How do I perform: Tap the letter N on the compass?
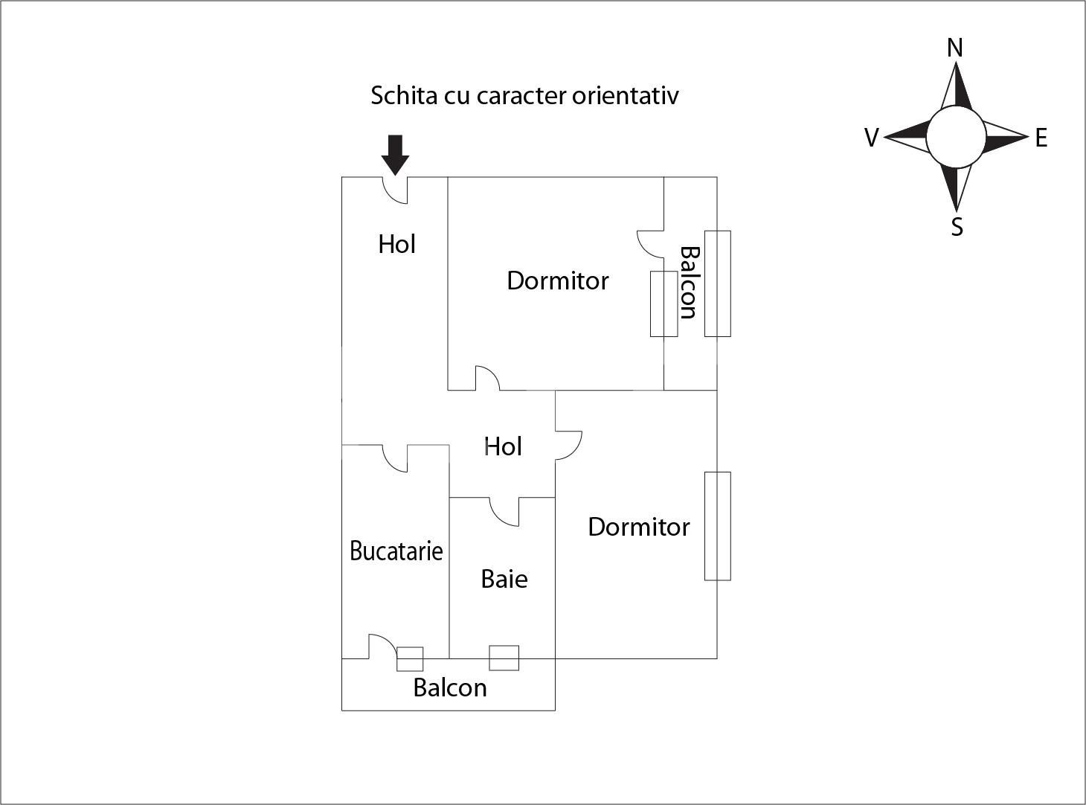click(x=955, y=48)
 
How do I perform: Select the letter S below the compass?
click(x=957, y=227)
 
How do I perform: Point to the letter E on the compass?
click(x=1041, y=138)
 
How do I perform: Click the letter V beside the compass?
click(x=871, y=138)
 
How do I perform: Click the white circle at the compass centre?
click(x=956, y=137)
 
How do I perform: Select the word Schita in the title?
click(x=405, y=95)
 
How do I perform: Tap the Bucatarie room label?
click(x=396, y=551)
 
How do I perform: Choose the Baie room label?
click(x=504, y=579)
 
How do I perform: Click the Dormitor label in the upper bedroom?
click(x=557, y=280)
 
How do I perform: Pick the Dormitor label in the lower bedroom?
click(x=638, y=527)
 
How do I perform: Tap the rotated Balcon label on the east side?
click(x=689, y=283)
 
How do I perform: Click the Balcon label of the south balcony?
click(x=449, y=687)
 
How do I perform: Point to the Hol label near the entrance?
click(x=396, y=244)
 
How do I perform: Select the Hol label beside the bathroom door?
click(x=503, y=446)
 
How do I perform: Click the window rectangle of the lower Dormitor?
click(x=718, y=525)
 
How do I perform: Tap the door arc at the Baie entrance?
click(x=504, y=512)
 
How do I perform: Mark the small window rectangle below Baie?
click(x=504, y=658)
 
